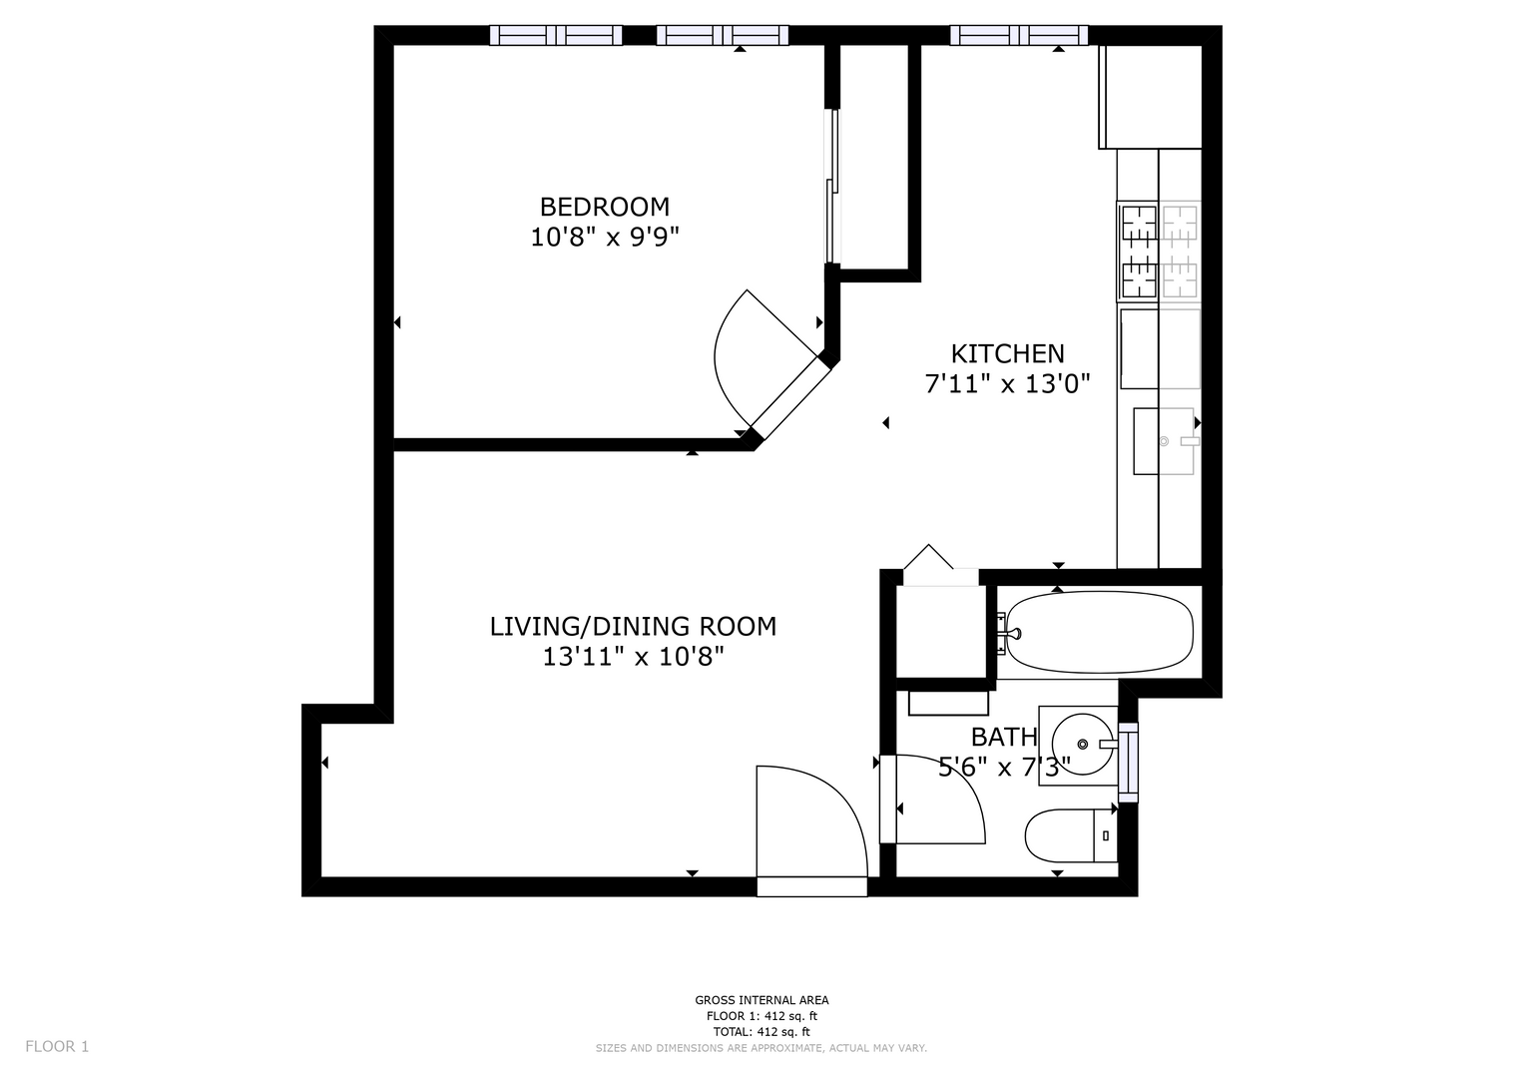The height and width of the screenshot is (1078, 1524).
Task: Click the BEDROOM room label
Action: click(x=604, y=207)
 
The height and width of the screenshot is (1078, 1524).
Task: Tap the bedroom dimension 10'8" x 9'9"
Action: click(x=604, y=238)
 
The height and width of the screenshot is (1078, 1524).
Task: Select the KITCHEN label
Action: click(x=1007, y=354)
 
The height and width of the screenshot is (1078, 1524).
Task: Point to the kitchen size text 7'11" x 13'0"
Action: click(x=1007, y=384)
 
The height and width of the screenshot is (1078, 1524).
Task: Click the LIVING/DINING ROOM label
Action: click(x=633, y=626)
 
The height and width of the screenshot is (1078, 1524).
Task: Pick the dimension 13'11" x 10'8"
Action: click(x=633, y=658)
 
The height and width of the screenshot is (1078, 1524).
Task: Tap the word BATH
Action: click(x=1004, y=737)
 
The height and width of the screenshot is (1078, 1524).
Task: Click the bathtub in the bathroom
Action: click(x=1099, y=632)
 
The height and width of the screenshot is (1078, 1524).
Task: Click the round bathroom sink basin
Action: click(x=1082, y=745)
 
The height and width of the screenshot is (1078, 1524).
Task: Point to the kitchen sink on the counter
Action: click(x=1164, y=441)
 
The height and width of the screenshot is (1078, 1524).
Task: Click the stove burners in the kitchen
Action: click(x=1159, y=252)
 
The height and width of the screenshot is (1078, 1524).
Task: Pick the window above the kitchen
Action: click(x=1018, y=35)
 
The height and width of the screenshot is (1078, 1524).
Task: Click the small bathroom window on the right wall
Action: click(x=1128, y=763)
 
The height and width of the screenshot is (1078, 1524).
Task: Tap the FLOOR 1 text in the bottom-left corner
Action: click(x=57, y=1047)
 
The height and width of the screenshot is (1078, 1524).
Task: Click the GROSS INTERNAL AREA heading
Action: click(x=762, y=1000)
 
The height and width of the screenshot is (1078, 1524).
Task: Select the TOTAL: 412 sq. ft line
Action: click(x=762, y=1032)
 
